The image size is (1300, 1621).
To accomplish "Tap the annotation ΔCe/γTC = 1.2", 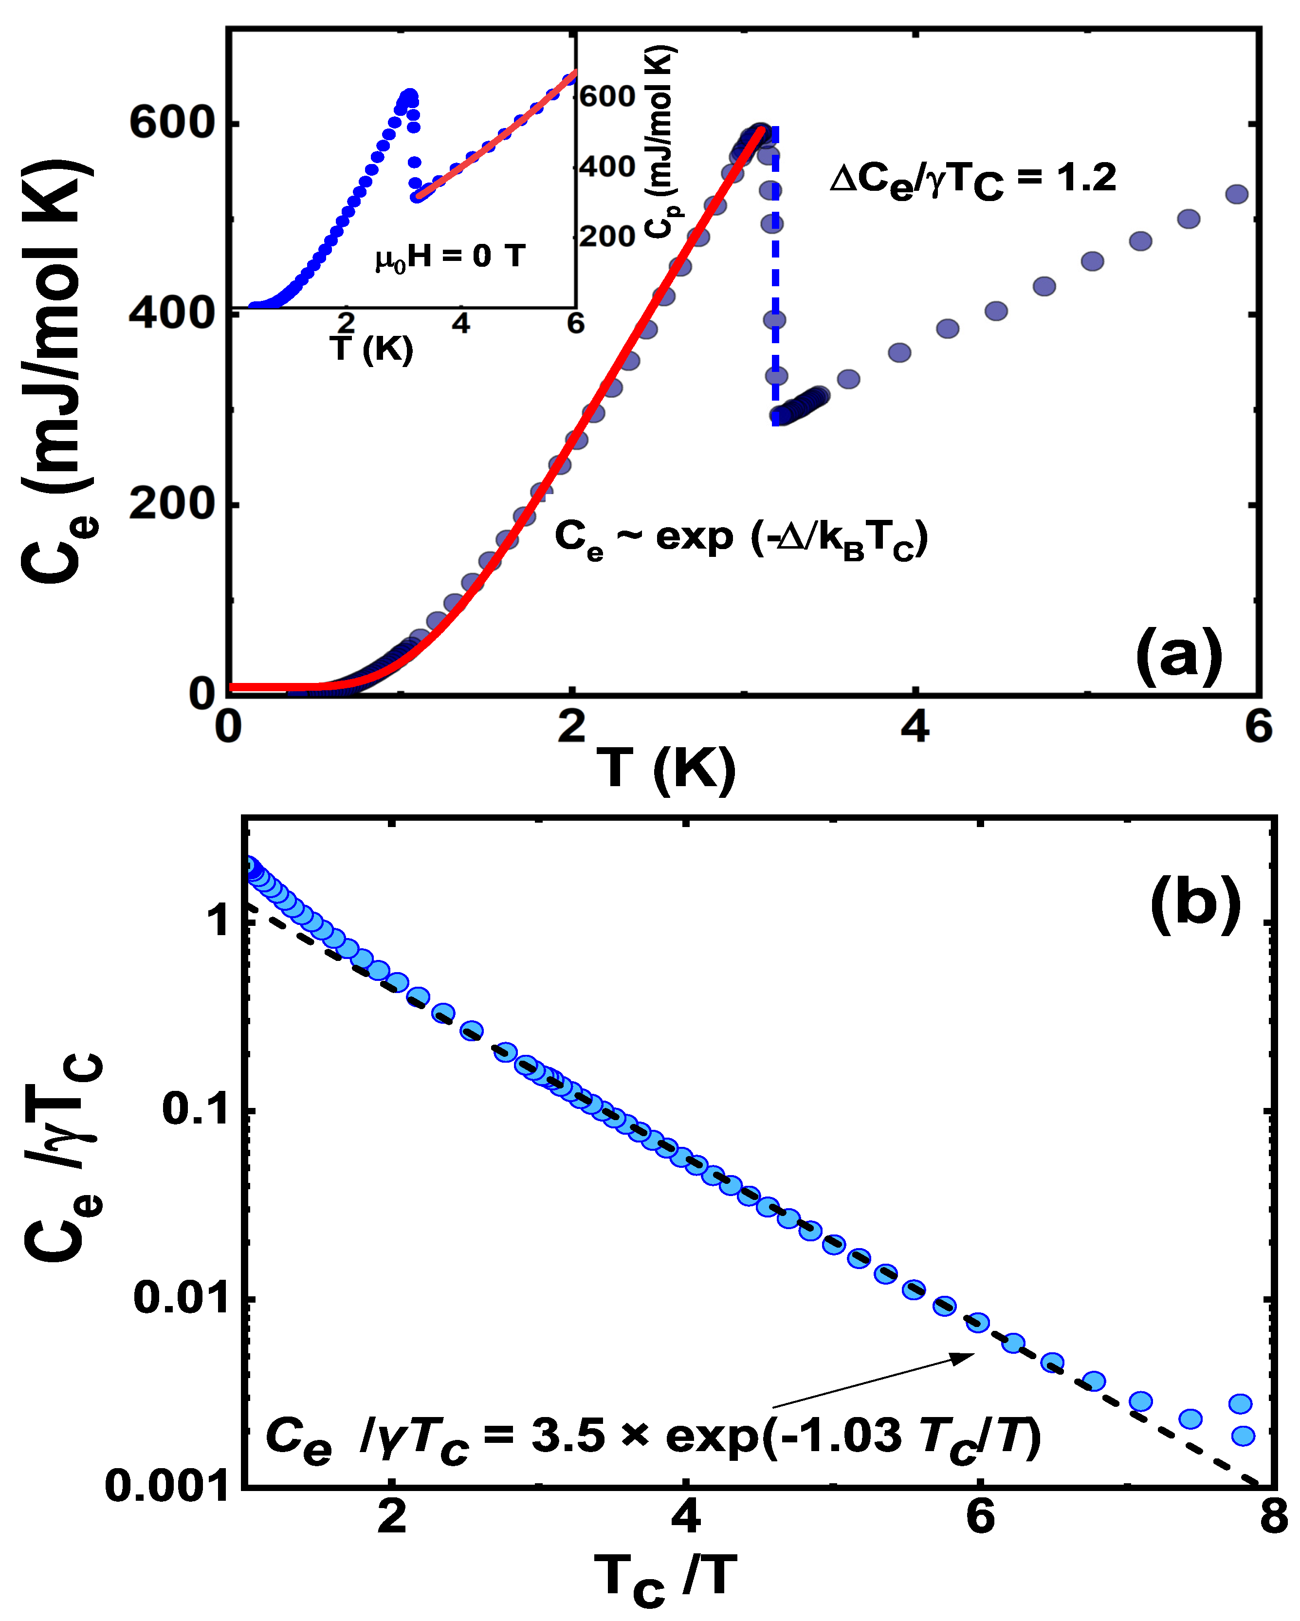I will (x=972, y=181).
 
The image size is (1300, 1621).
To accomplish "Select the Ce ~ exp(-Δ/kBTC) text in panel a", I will (x=741, y=540).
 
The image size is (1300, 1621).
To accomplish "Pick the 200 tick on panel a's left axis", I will (x=172, y=504).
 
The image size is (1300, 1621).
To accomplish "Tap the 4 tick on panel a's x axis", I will (x=915, y=726).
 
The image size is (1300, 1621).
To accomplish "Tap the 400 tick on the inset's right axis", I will (x=607, y=166).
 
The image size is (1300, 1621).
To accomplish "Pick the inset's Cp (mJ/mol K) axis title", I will (x=661, y=143).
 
